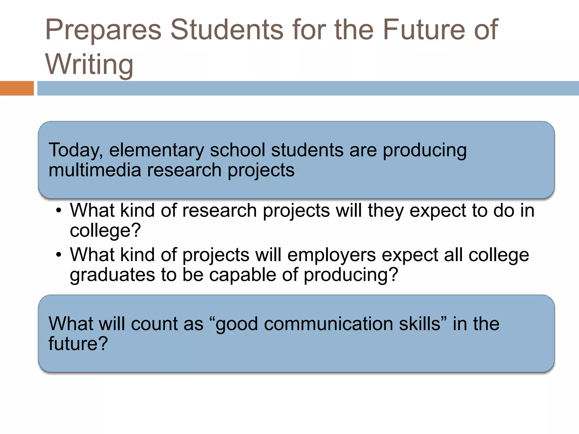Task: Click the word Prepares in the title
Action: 103,30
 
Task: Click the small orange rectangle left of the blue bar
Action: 17,88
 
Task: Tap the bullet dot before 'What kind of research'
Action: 59,211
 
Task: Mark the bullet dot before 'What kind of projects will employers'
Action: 59,255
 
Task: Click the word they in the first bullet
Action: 386,211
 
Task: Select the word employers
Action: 332,255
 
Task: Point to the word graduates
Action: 112,275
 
